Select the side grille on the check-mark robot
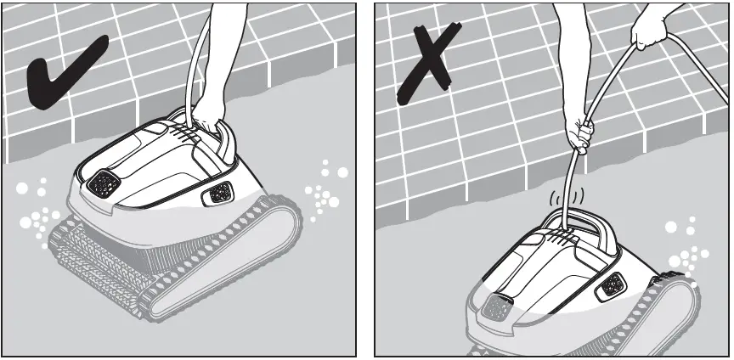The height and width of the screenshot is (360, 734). (x=218, y=194)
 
